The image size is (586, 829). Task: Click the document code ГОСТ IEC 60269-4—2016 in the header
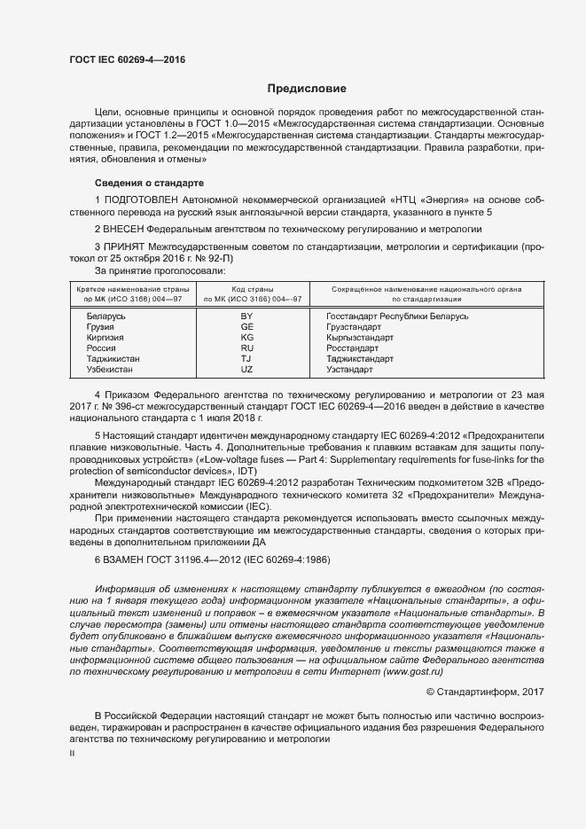[x=127, y=60]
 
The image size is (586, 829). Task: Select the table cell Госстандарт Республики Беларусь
[x=397, y=316]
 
